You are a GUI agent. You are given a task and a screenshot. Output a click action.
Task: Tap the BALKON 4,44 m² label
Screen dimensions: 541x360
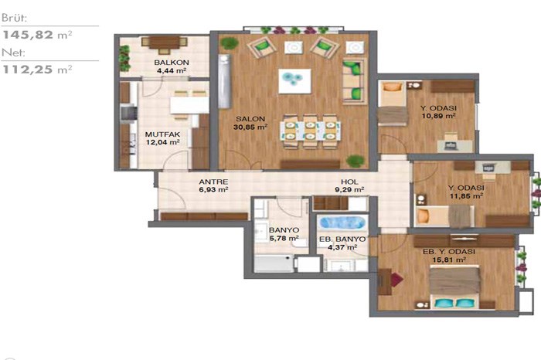(172, 66)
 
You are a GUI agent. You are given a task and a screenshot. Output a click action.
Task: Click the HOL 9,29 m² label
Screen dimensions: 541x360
(349, 185)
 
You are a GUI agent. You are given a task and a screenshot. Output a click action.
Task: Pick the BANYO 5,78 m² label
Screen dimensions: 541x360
(284, 234)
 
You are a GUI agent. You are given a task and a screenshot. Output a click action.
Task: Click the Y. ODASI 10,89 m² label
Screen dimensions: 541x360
(438, 112)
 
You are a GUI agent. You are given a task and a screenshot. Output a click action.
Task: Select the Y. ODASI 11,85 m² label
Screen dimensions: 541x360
(466, 192)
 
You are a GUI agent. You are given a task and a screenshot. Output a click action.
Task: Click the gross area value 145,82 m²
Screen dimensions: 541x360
(37, 35)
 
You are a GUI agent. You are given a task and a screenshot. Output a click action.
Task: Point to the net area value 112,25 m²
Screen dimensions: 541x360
(37, 70)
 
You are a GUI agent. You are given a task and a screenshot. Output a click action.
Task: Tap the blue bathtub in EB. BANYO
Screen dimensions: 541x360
(342, 222)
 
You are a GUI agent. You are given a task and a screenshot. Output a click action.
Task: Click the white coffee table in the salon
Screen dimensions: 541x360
(294, 81)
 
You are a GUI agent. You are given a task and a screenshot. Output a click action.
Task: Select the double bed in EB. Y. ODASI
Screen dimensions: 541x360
(454, 287)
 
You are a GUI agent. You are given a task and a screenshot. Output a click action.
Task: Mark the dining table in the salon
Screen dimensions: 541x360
(311, 131)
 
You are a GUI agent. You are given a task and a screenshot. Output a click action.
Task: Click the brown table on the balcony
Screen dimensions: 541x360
(164, 42)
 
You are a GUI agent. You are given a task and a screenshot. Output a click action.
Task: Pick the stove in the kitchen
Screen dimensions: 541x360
(127, 113)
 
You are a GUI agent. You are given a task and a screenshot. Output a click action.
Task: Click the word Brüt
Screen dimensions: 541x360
(14, 18)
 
